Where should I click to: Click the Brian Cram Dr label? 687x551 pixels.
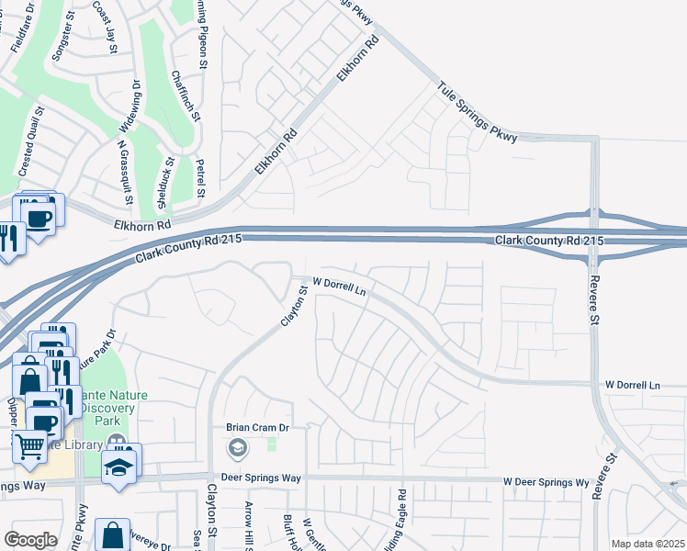click(x=258, y=427)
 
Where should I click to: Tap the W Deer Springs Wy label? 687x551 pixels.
click(x=546, y=481)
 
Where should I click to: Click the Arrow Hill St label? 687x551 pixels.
click(x=248, y=527)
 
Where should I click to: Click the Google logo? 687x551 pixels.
click(x=30, y=540)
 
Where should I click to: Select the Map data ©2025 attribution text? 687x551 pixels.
click(x=648, y=544)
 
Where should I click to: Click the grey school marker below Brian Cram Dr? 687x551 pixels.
click(x=237, y=448)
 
